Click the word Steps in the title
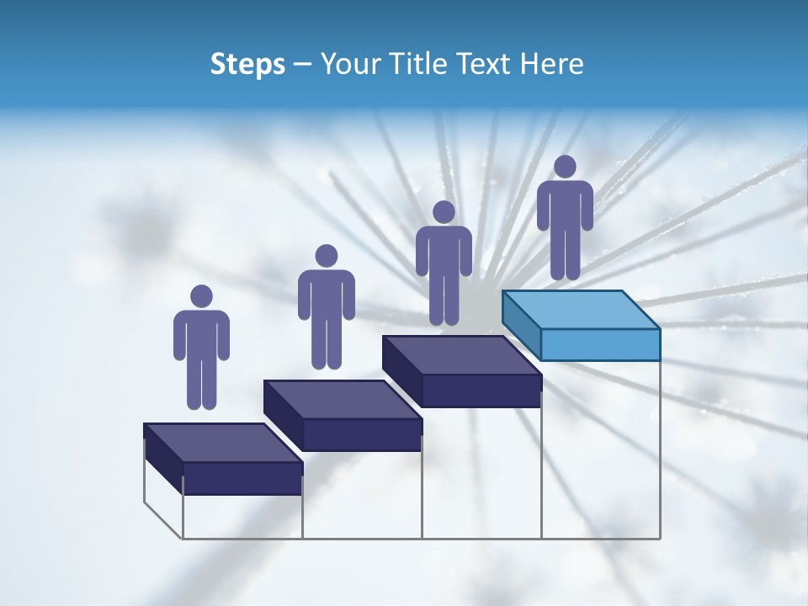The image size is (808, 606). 247,64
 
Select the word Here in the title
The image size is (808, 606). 551,64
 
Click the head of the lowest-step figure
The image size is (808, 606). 201,296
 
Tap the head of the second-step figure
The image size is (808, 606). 326,256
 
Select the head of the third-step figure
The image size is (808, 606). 444,212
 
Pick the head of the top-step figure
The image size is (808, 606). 565,167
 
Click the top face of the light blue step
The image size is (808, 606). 581,309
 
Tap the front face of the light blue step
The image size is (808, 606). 600,344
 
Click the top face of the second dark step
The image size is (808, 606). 342,399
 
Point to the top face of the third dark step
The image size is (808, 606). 461,354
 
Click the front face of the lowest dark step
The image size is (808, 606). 242,478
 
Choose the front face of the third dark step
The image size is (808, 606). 481,391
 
